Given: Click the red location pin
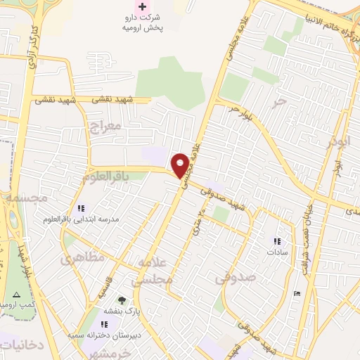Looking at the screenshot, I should pos(181,165).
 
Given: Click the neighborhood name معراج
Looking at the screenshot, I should pos(106,127).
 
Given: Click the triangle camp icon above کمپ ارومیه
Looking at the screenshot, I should pos(17,294).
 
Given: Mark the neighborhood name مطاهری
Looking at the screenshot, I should pos(82,259).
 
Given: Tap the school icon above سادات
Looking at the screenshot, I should pos(276,241).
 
